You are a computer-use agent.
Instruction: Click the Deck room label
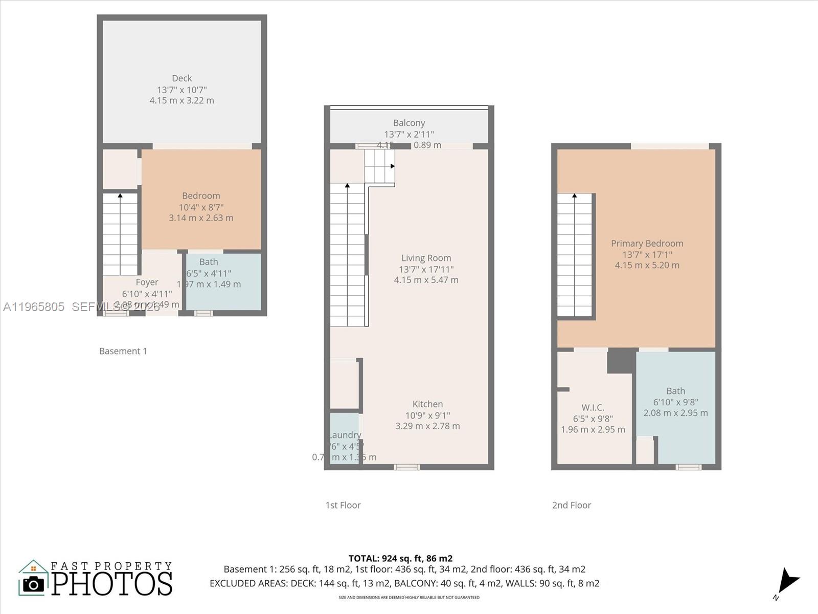tap(181, 78)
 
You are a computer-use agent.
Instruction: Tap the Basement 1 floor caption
tap(123, 351)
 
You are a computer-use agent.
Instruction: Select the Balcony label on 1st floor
tap(408, 123)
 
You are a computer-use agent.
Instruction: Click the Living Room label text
tap(426, 258)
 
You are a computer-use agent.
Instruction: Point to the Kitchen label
tap(427, 404)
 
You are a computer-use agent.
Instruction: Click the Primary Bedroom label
tap(647, 244)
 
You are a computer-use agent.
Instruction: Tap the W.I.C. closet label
tap(593, 407)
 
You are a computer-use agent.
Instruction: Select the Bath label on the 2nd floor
tap(675, 391)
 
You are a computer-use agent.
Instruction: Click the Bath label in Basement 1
tap(209, 262)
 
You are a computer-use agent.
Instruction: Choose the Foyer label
tap(147, 282)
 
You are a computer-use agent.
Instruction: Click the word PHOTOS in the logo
tap(112, 584)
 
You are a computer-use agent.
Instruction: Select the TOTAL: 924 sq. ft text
tap(400, 558)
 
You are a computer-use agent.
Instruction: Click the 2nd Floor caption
tap(571, 505)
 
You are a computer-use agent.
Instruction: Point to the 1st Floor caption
tap(343, 505)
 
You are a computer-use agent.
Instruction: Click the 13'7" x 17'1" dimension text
tap(647, 254)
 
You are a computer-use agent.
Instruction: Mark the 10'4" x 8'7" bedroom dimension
tap(201, 207)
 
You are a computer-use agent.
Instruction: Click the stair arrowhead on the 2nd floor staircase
tap(574, 195)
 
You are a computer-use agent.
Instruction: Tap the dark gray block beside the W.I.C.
tap(621, 360)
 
